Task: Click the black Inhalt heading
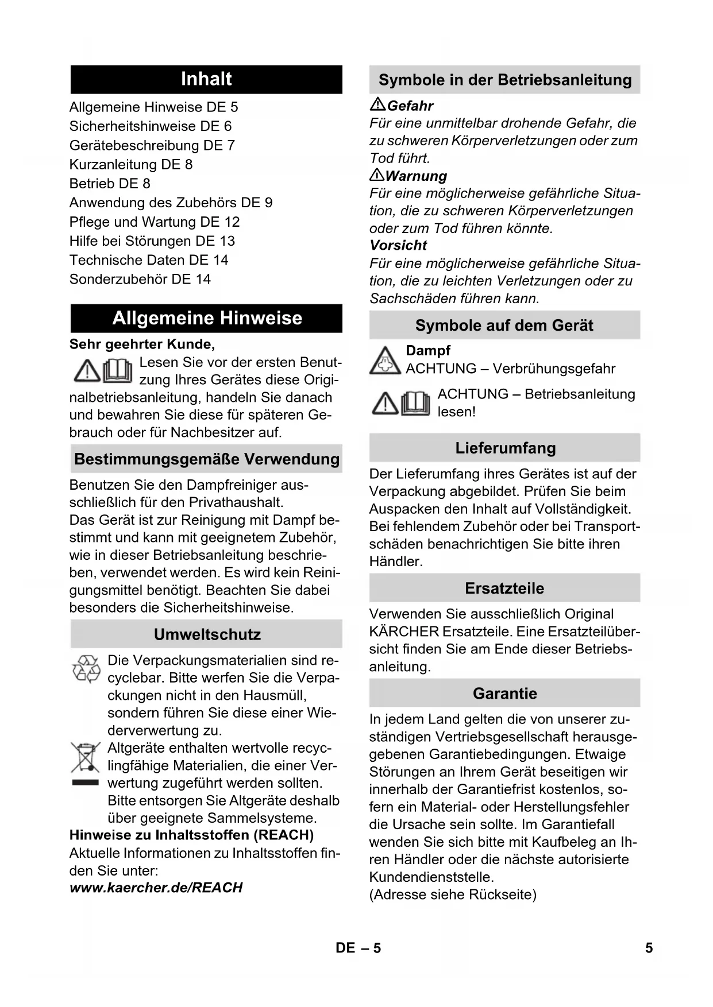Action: click(206, 79)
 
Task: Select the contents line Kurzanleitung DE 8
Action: click(131, 165)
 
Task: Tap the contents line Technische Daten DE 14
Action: click(149, 260)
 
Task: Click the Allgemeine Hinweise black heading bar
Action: click(206, 318)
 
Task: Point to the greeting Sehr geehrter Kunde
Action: click(142, 344)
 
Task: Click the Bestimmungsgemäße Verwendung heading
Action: click(206, 459)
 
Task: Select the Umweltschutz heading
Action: click(207, 634)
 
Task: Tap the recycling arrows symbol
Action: click(86, 669)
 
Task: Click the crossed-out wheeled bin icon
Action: click(86, 757)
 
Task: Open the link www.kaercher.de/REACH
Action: click(156, 888)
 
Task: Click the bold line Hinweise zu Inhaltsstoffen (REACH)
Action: click(191, 835)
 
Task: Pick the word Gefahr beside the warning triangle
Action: click(410, 106)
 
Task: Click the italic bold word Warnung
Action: click(416, 176)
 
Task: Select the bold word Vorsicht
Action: click(398, 246)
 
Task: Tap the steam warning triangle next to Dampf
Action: click(385, 361)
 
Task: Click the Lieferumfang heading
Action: click(505, 448)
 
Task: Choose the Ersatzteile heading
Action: click(504, 588)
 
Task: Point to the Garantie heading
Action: click(504, 694)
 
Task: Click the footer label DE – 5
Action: click(358, 948)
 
